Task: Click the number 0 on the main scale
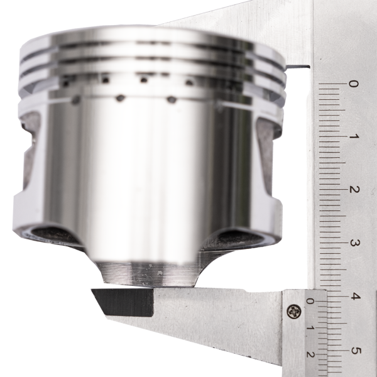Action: coord(353,84)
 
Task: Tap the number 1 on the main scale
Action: coord(354,136)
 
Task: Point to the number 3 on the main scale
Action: coord(354,243)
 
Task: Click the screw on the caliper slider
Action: coord(294,312)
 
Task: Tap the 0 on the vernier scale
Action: coord(310,301)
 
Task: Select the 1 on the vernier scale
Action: coord(310,328)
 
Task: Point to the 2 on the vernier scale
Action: coord(310,354)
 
